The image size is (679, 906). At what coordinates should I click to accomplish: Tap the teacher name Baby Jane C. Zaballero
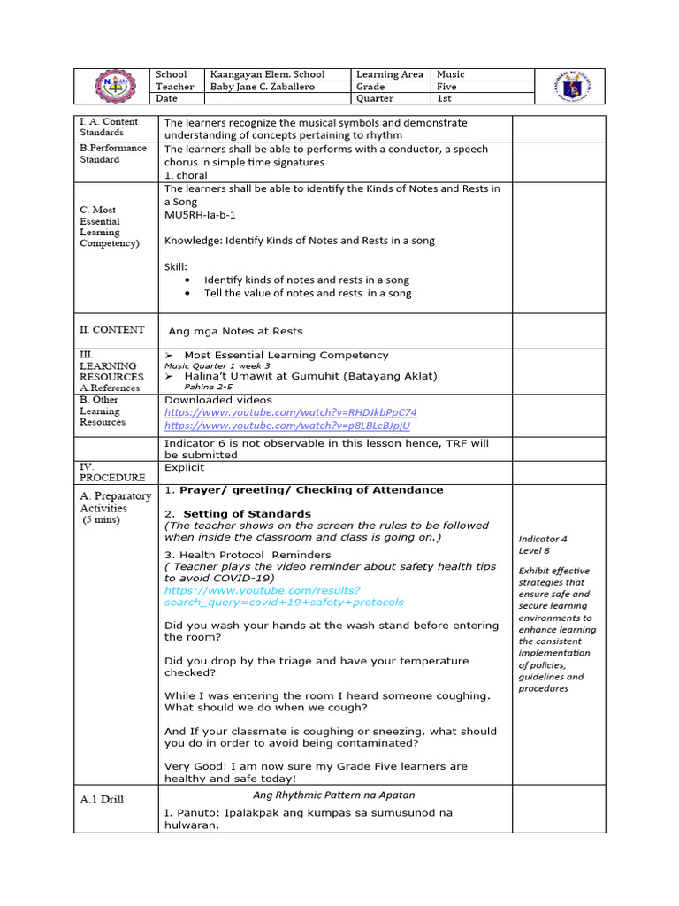[262, 87]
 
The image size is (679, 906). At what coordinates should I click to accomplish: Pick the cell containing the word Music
[450, 74]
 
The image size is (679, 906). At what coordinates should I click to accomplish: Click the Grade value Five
[447, 87]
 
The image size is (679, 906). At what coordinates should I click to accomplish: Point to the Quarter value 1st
[444, 98]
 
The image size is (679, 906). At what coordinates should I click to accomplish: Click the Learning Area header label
[389, 74]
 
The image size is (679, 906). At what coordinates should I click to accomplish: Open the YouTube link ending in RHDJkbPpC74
[291, 412]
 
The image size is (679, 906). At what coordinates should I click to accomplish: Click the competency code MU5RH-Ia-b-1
[200, 215]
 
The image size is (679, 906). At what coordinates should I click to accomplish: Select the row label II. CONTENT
[112, 330]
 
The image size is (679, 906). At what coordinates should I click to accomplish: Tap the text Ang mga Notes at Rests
[235, 331]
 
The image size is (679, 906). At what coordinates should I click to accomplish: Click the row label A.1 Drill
[102, 799]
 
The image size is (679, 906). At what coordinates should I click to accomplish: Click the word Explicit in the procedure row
[184, 467]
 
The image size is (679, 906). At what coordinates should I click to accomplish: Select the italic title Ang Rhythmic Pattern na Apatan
[334, 795]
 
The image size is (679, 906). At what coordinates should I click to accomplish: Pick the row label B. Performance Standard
[113, 153]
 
